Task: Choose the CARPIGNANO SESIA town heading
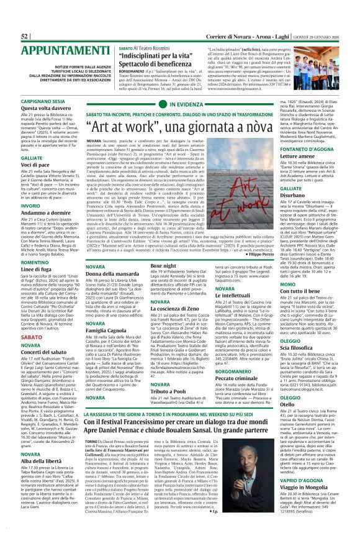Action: click(x=42, y=100)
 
